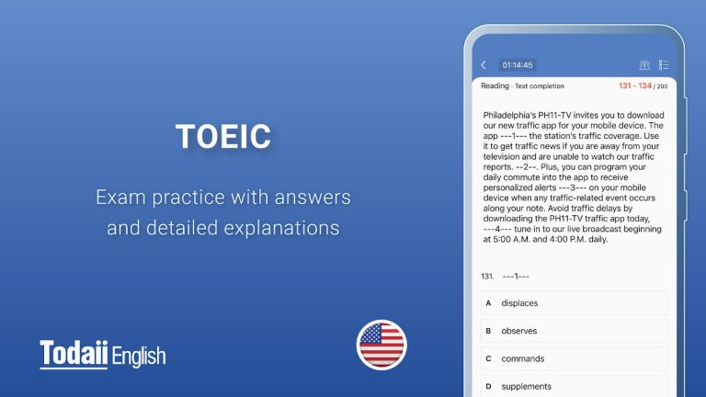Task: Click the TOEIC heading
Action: (223, 137)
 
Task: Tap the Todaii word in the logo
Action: (74, 354)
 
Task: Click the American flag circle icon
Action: (381, 344)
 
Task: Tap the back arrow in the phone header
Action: (484, 65)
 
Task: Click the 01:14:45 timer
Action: (517, 65)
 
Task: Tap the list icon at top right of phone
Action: (664, 65)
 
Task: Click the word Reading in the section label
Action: (495, 85)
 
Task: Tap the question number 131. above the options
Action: (487, 276)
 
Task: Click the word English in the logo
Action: (139, 356)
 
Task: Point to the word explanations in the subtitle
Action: (283, 227)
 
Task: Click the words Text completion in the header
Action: (541, 86)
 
